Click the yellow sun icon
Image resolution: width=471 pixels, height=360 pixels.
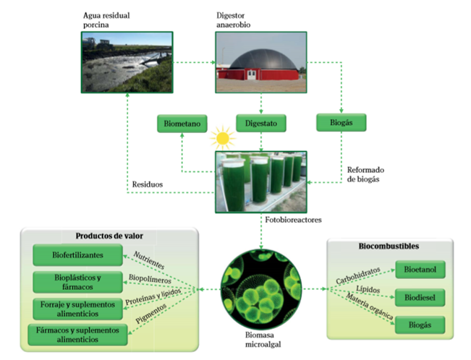[220, 137]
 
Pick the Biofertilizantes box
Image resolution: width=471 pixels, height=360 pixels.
[78, 255]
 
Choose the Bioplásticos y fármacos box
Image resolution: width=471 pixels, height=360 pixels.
[78, 282]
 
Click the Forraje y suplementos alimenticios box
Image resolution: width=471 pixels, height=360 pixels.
[78, 307]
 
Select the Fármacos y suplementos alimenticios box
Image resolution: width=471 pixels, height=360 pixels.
[78, 333]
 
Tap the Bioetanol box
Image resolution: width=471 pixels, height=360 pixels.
[420, 270]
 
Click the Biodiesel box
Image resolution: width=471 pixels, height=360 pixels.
[420, 297]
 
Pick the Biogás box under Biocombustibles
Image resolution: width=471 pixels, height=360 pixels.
[420, 325]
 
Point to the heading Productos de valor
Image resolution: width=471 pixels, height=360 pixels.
[108, 236]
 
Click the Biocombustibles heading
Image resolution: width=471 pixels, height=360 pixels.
[389, 246]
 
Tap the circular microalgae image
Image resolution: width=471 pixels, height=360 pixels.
[260, 289]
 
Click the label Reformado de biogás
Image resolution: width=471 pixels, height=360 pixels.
[360, 174]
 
